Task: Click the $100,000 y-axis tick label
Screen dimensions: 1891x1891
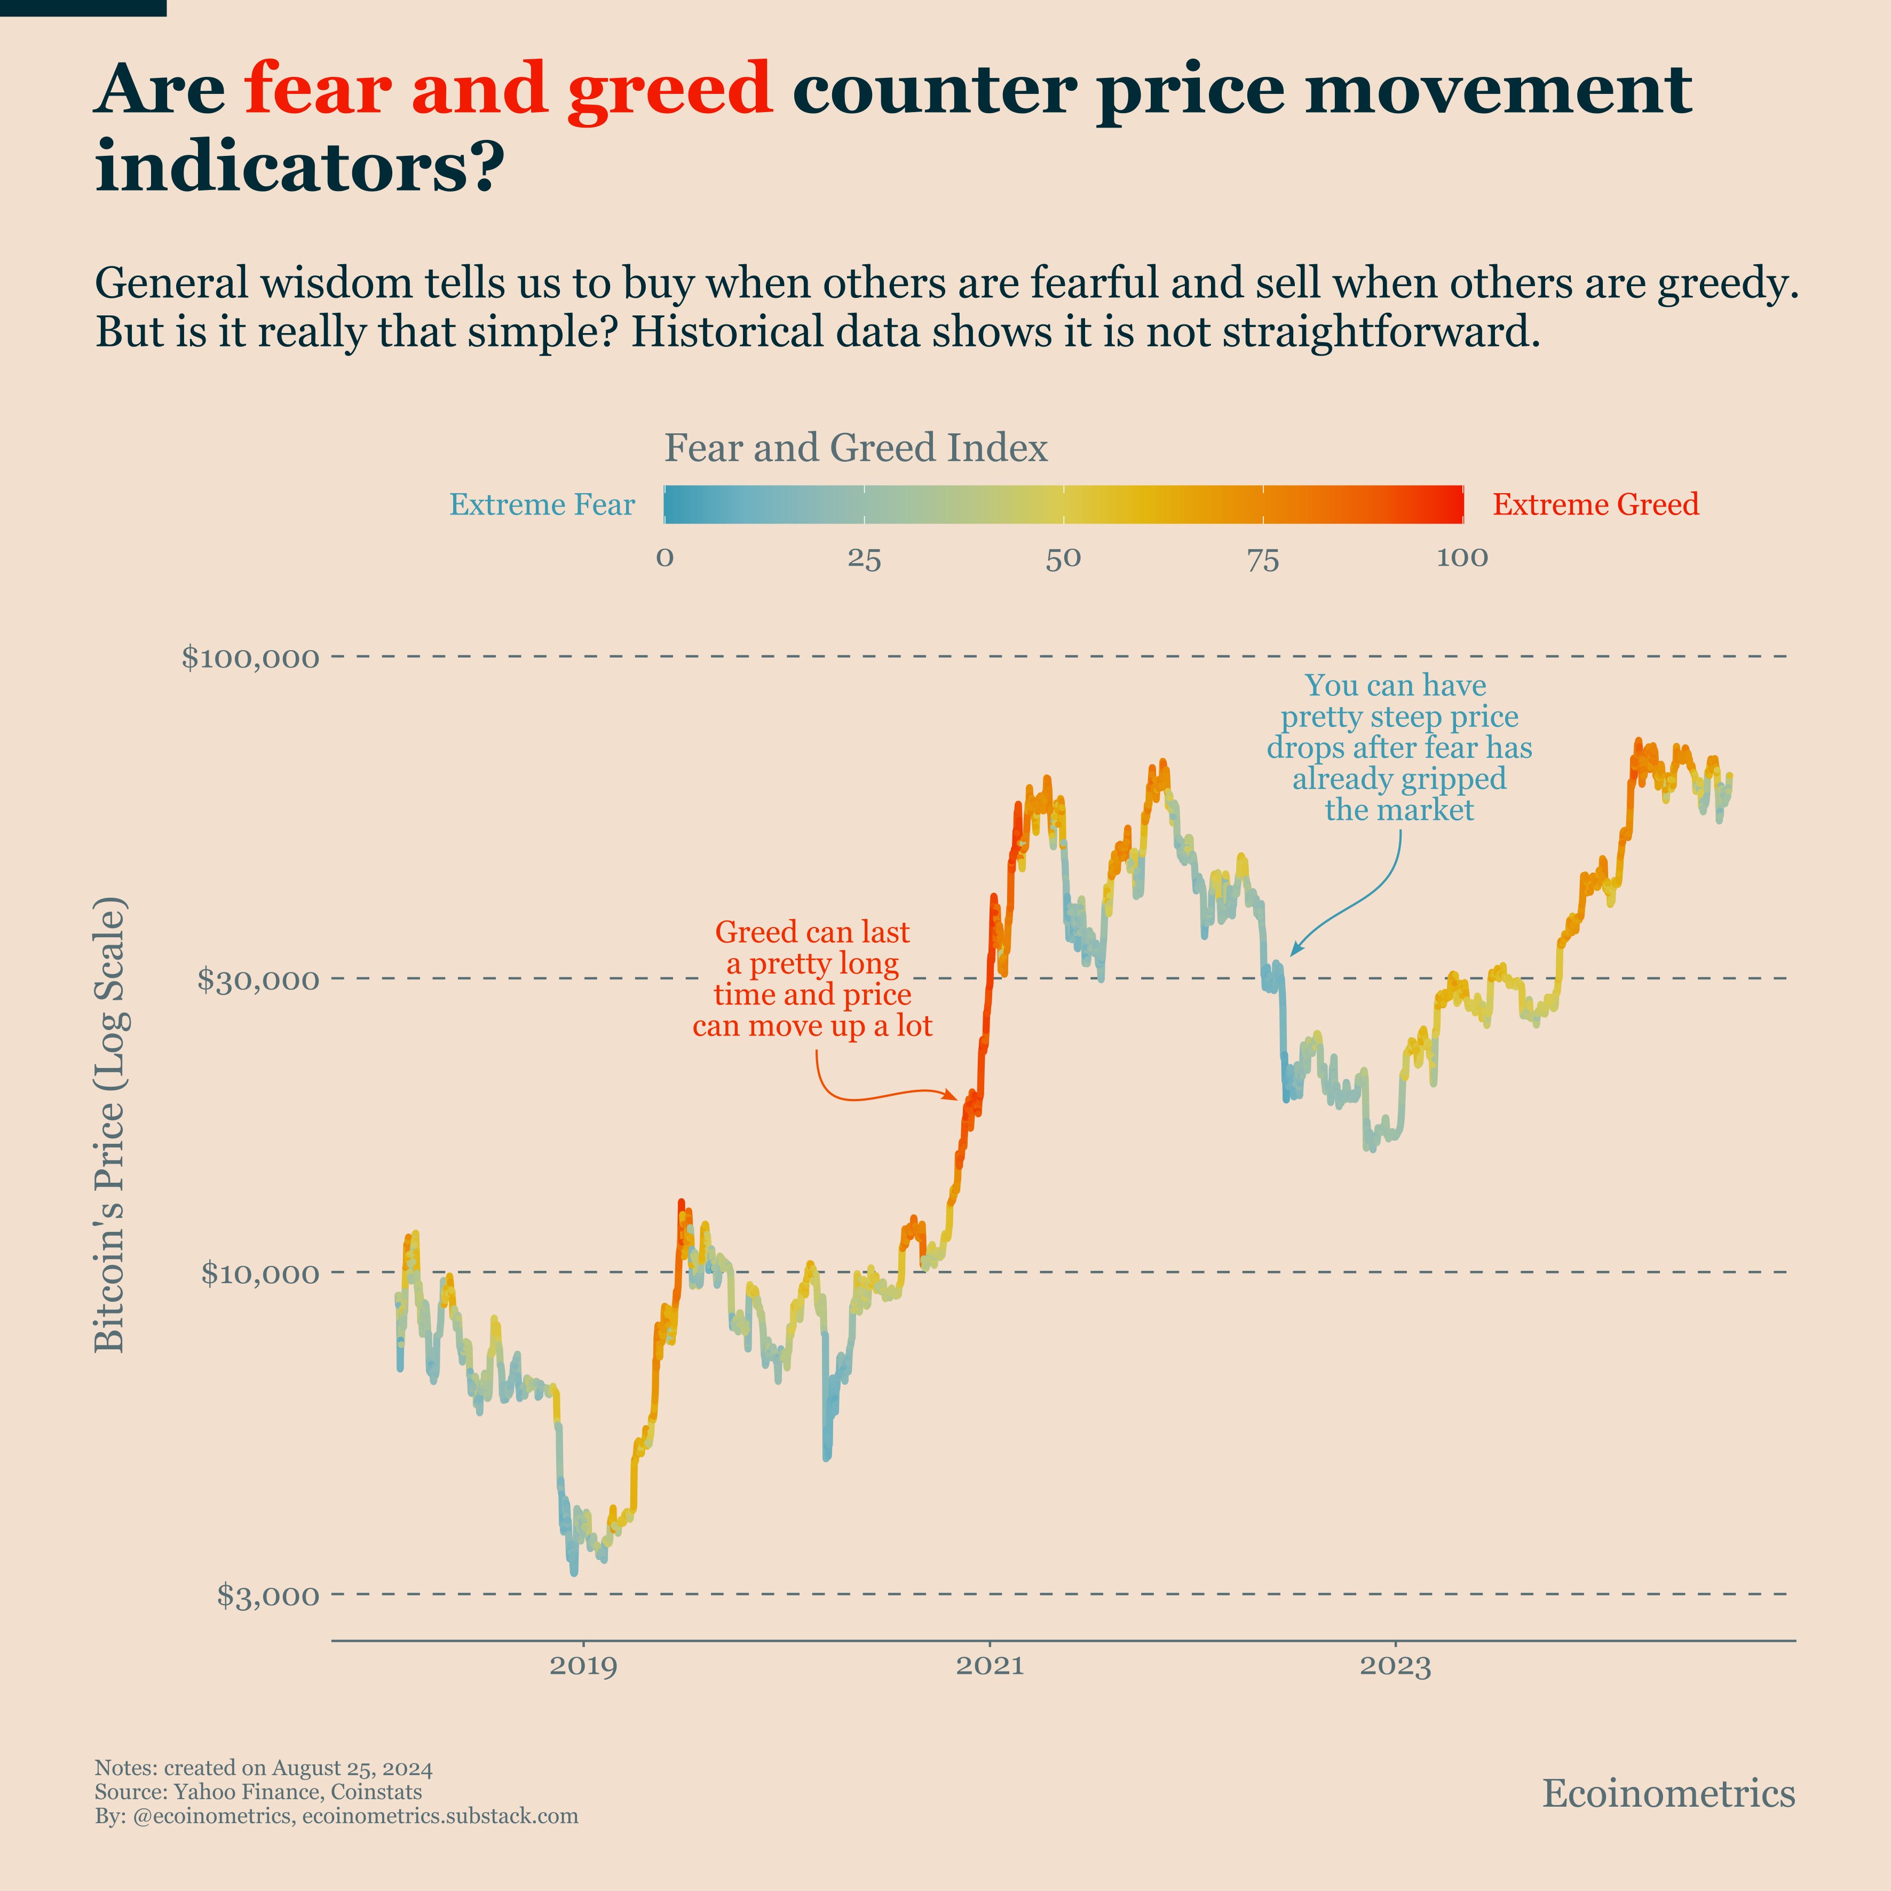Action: (x=250, y=657)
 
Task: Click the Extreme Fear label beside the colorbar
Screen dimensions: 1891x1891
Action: (x=541, y=505)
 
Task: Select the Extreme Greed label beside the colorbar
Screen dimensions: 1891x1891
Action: (x=1595, y=505)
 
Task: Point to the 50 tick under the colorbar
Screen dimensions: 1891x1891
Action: (x=1063, y=558)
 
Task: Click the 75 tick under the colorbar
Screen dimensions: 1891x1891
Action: (x=1263, y=558)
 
